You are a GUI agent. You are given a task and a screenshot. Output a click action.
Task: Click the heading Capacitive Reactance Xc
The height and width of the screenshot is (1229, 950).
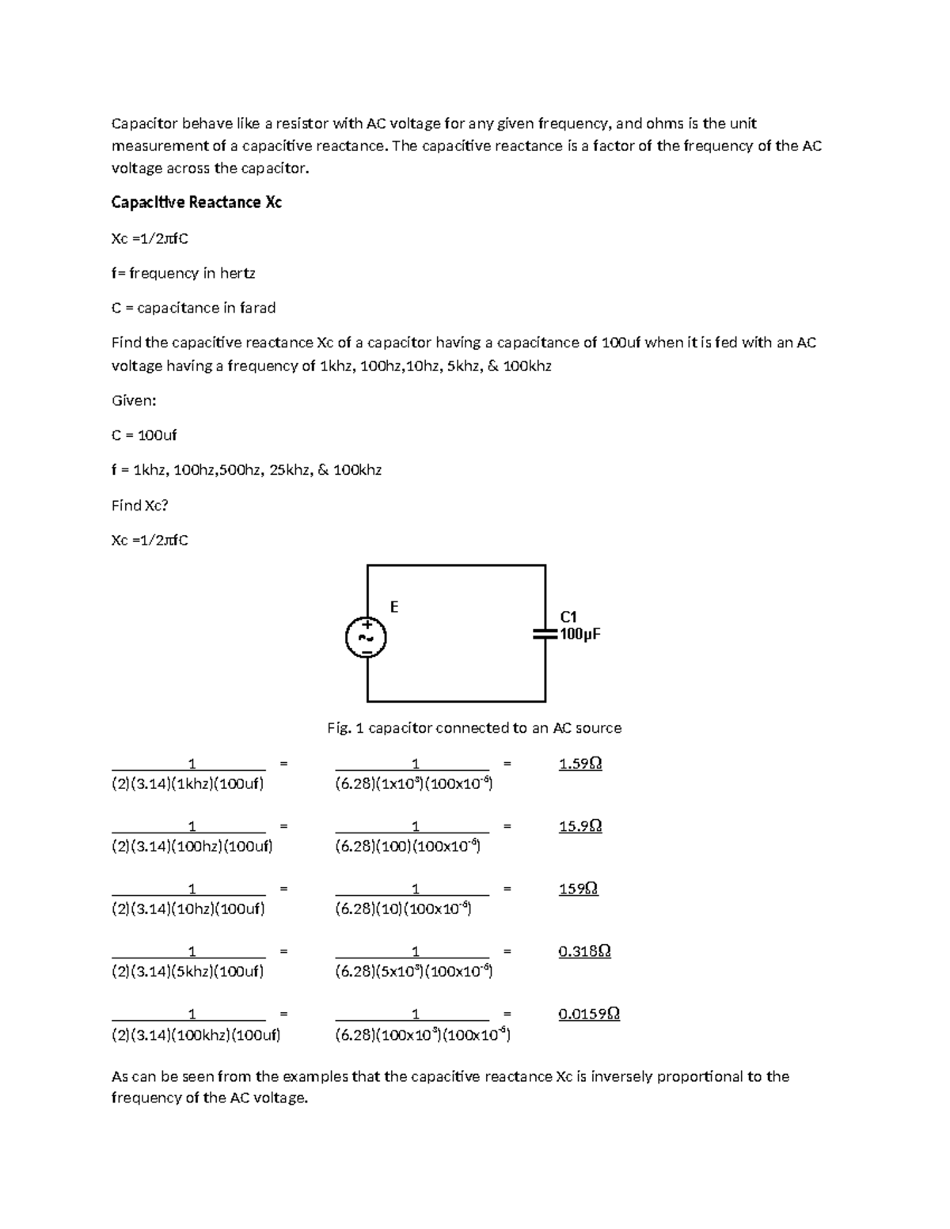(196, 203)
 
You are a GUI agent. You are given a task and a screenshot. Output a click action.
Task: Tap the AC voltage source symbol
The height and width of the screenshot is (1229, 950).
(367, 637)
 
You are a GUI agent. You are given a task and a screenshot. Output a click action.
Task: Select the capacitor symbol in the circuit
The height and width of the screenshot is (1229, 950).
(545, 634)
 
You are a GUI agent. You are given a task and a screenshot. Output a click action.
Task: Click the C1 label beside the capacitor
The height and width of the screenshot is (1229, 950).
(568, 616)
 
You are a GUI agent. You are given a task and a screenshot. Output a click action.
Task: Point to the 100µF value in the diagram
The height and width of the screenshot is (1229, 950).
(580, 635)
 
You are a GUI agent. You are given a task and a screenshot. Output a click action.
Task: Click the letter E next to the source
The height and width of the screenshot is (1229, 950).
(394, 607)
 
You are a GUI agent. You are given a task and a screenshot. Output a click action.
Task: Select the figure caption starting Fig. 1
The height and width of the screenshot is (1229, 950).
(474, 728)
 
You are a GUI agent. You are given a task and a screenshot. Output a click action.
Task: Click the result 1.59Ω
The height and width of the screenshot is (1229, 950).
(579, 764)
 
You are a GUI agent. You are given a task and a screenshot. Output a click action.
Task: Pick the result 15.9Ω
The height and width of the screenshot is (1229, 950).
(579, 826)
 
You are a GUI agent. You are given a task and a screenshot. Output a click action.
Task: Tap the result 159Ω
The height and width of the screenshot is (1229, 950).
(578, 889)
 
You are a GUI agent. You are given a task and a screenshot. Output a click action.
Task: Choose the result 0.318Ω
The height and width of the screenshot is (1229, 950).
(584, 951)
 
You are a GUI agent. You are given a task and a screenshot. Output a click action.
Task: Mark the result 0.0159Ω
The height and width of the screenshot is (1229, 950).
(588, 1014)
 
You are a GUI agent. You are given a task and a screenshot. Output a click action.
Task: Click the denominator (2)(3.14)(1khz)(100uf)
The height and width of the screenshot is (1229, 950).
(188, 784)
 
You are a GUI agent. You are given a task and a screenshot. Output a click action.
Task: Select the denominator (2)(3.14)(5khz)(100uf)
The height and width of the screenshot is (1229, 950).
(188, 972)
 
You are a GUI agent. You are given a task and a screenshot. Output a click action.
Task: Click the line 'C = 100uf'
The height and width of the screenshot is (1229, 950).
(144, 435)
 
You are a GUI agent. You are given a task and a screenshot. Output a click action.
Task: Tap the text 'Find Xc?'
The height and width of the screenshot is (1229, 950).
(139, 505)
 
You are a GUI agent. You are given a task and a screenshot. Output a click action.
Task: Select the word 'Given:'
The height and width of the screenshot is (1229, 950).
(134, 400)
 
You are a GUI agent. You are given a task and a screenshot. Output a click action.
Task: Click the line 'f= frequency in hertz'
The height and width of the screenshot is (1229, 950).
(183, 273)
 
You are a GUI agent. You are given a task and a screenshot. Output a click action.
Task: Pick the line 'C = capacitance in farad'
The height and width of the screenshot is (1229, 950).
(193, 308)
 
